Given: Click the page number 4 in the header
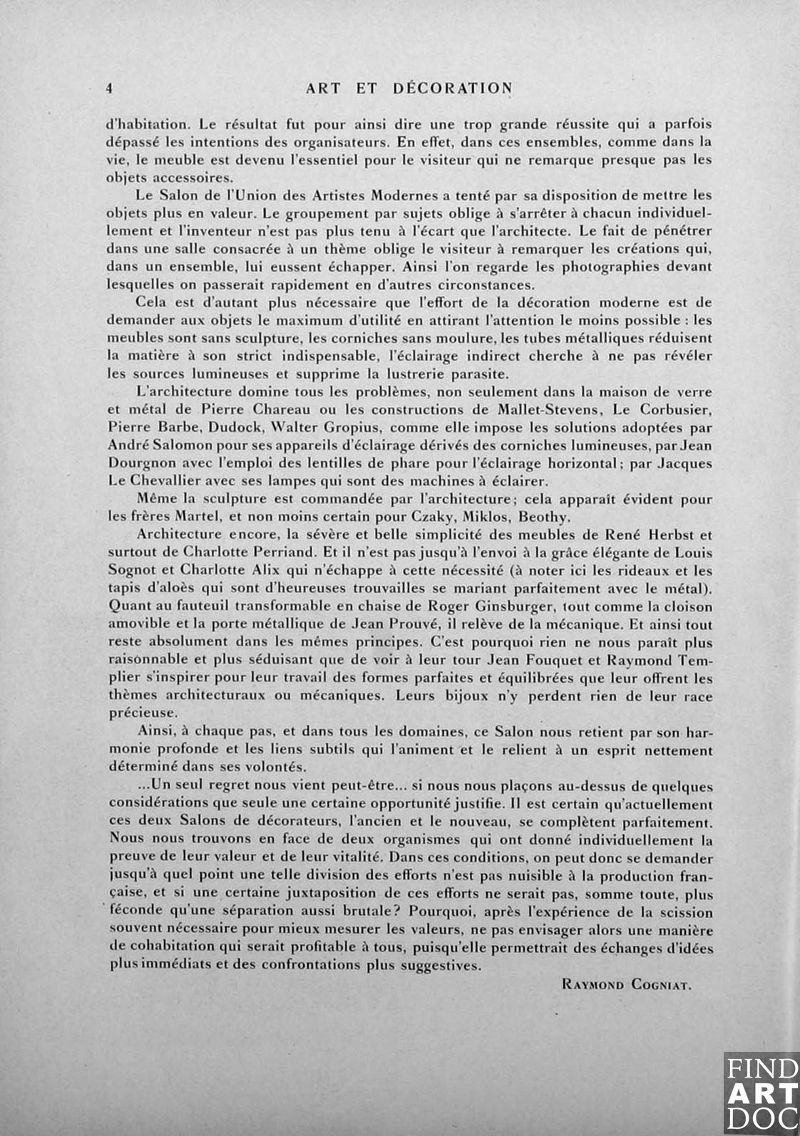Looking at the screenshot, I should pyautogui.click(x=110, y=88).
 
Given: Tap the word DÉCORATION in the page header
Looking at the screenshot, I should pyautogui.click(x=453, y=88).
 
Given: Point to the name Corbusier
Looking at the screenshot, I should pyautogui.click(x=675, y=410).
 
